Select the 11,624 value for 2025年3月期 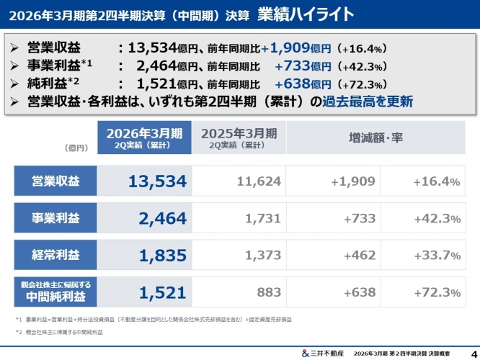point(239,181)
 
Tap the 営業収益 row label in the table point(55,181)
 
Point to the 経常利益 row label point(55,255)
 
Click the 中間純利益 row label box point(55,291)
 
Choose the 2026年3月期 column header point(145,138)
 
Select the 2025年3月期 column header point(239,138)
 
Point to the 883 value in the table point(239,292)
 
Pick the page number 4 point(472,353)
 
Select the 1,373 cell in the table point(239,255)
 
